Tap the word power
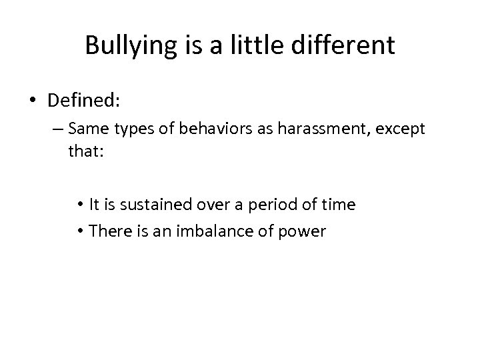(x=304, y=231)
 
